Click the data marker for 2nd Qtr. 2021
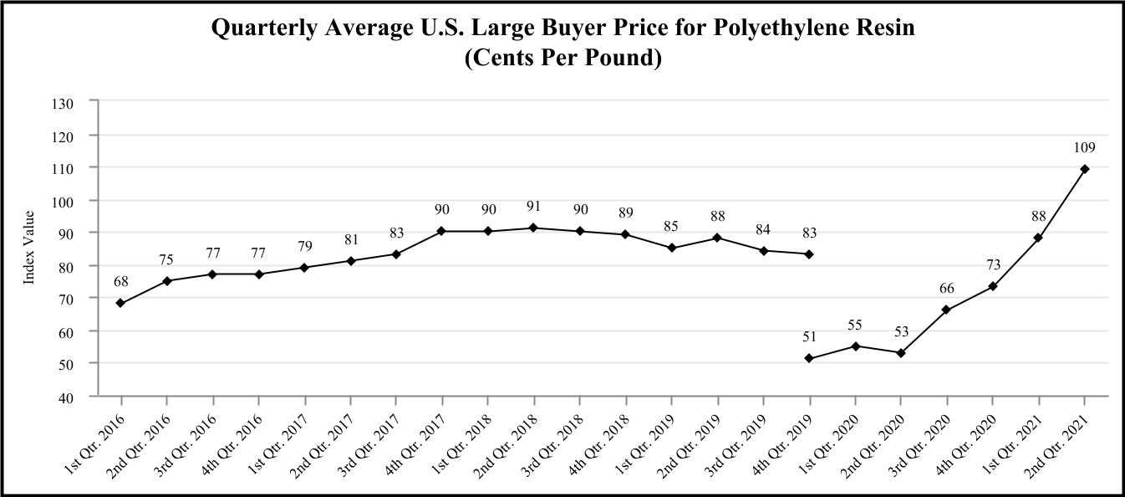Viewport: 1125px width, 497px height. (1084, 169)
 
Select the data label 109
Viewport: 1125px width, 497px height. (1084, 147)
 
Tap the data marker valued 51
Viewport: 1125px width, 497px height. (808, 358)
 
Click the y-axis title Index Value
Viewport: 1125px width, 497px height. (28, 248)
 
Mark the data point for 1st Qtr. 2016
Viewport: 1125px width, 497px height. (120, 303)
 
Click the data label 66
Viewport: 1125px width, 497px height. (946, 289)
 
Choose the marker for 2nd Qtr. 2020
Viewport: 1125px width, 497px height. (900, 353)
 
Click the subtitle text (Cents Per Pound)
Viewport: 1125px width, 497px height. (562, 60)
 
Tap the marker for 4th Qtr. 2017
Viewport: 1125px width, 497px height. (441, 231)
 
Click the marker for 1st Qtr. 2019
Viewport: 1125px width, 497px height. (671, 248)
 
